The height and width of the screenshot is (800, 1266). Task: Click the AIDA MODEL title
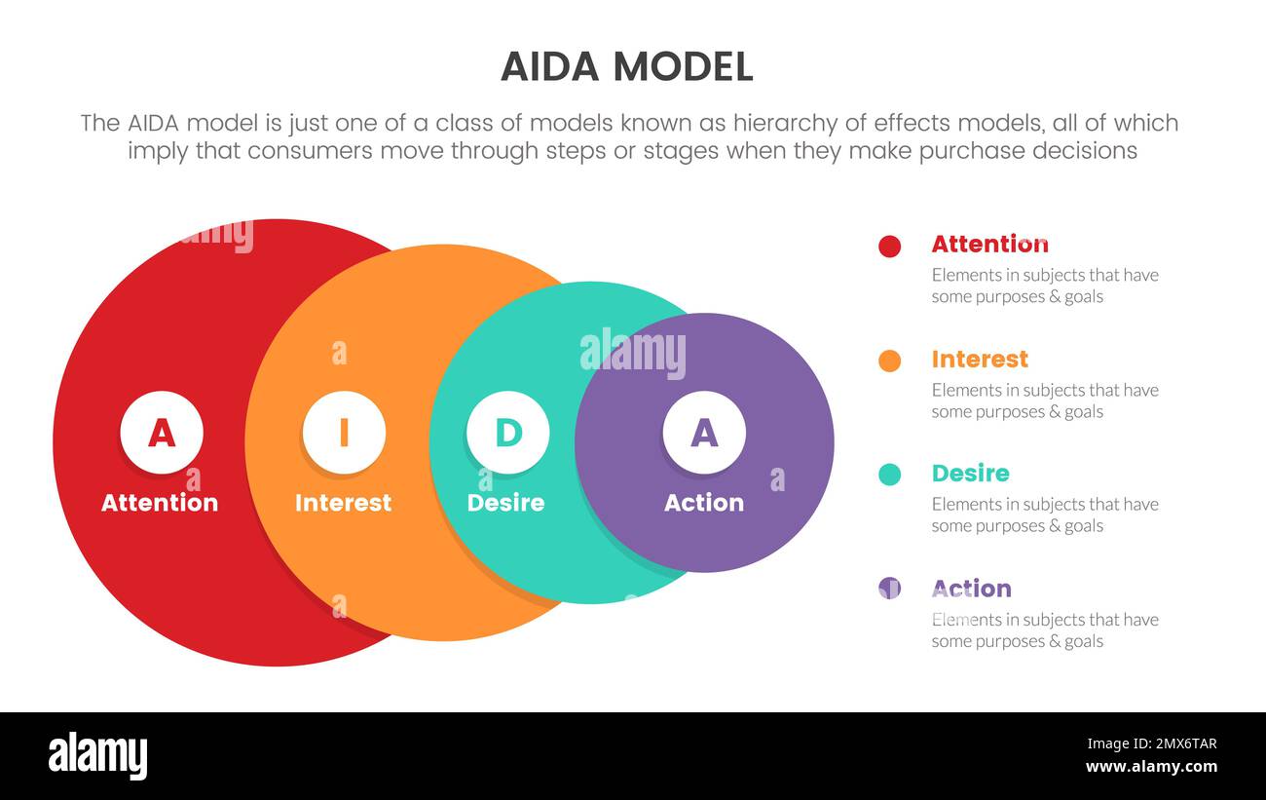(x=626, y=66)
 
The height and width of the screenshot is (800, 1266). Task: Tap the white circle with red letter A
(x=162, y=433)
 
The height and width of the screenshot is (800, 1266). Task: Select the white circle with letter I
(x=344, y=433)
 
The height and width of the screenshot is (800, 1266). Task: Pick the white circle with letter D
(x=507, y=433)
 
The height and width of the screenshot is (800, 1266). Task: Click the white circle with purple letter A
(x=704, y=433)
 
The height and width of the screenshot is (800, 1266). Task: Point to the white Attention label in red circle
(x=160, y=503)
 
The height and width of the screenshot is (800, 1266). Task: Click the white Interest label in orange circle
(x=343, y=503)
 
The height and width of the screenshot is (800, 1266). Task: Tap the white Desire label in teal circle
(x=505, y=503)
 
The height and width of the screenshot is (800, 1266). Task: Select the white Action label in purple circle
(x=704, y=503)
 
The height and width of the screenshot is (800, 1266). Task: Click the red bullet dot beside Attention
(x=889, y=247)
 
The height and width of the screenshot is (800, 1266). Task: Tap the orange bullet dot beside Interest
(x=889, y=361)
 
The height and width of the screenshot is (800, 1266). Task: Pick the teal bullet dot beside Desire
(x=889, y=475)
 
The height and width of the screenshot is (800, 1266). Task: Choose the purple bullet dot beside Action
(x=889, y=588)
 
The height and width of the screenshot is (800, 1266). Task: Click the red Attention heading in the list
(x=989, y=244)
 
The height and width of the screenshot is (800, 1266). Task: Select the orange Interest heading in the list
(x=979, y=359)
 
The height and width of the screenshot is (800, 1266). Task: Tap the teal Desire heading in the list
(x=970, y=474)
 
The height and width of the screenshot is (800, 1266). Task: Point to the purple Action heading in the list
(x=971, y=589)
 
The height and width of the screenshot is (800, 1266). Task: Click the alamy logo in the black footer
(x=97, y=756)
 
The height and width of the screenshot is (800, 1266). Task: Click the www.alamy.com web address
(x=1150, y=767)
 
